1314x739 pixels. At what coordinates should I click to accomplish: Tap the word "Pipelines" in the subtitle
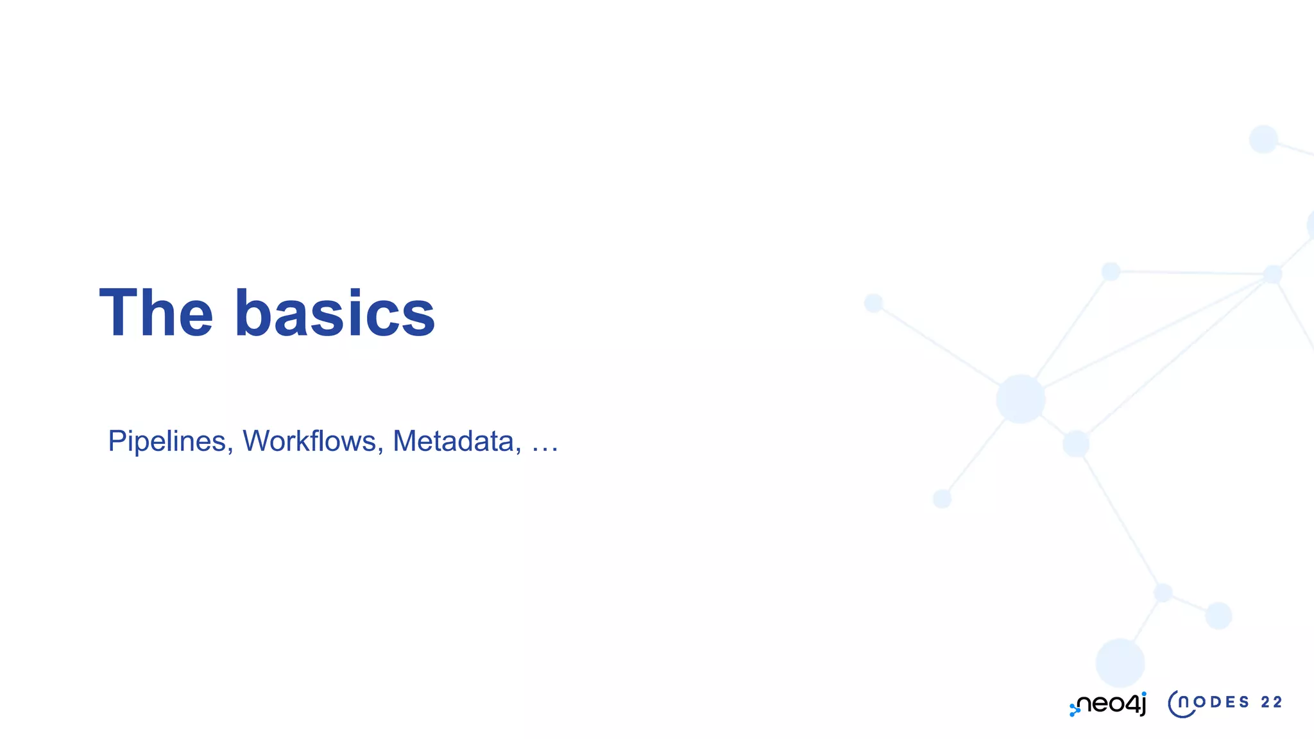(167, 441)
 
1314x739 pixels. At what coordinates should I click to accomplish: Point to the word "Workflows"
(309, 441)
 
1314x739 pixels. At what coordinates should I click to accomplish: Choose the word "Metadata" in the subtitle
(453, 441)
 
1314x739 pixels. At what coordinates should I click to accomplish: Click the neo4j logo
(1108, 704)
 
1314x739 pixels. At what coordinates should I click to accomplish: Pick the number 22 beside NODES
(1271, 702)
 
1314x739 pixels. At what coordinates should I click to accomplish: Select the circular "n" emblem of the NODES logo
(1181, 704)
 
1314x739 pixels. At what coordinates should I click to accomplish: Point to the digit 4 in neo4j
(1131, 704)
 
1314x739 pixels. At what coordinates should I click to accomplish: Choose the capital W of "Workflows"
(257, 441)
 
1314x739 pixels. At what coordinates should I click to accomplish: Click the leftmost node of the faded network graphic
(873, 303)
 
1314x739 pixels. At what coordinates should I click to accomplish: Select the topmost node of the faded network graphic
(1263, 139)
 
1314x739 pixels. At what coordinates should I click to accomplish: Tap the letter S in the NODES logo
(1244, 702)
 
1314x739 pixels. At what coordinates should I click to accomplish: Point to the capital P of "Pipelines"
(116, 441)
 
